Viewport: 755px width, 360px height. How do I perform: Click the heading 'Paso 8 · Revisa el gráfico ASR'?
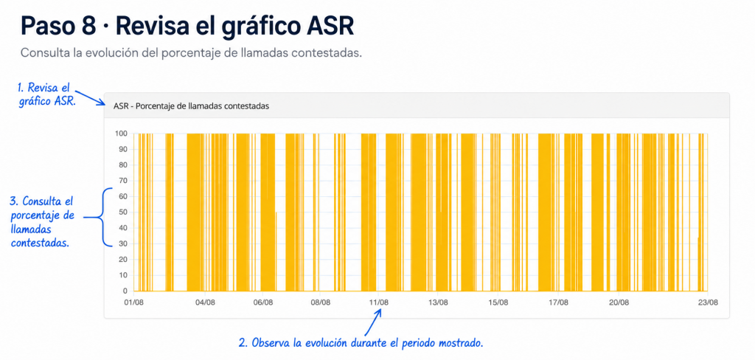(x=187, y=27)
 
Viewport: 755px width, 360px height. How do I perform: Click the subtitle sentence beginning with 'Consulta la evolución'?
(x=191, y=52)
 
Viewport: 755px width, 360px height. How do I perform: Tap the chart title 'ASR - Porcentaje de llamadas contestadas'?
(x=191, y=106)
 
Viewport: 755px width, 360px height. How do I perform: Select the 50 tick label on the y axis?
(x=123, y=212)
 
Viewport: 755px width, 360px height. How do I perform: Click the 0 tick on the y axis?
(x=125, y=291)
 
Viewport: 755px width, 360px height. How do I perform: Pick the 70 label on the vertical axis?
(x=123, y=181)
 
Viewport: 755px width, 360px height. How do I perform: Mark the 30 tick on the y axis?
(x=123, y=244)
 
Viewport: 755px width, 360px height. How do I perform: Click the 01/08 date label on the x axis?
(x=134, y=302)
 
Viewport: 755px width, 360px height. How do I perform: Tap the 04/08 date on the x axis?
(x=206, y=302)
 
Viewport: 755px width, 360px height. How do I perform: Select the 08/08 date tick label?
(x=321, y=302)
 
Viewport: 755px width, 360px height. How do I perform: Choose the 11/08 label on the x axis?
(x=379, y=302)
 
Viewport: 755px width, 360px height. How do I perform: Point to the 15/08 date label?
(x=498, y=302)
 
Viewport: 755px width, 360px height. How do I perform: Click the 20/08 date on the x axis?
(x=619, y=302)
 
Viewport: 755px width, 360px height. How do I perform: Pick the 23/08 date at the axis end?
(x=708, y=302)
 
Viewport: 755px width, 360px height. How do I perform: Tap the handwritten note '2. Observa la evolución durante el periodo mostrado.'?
(x=361, y=343)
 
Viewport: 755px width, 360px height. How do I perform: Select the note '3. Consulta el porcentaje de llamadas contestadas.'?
(x=41, y=222)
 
